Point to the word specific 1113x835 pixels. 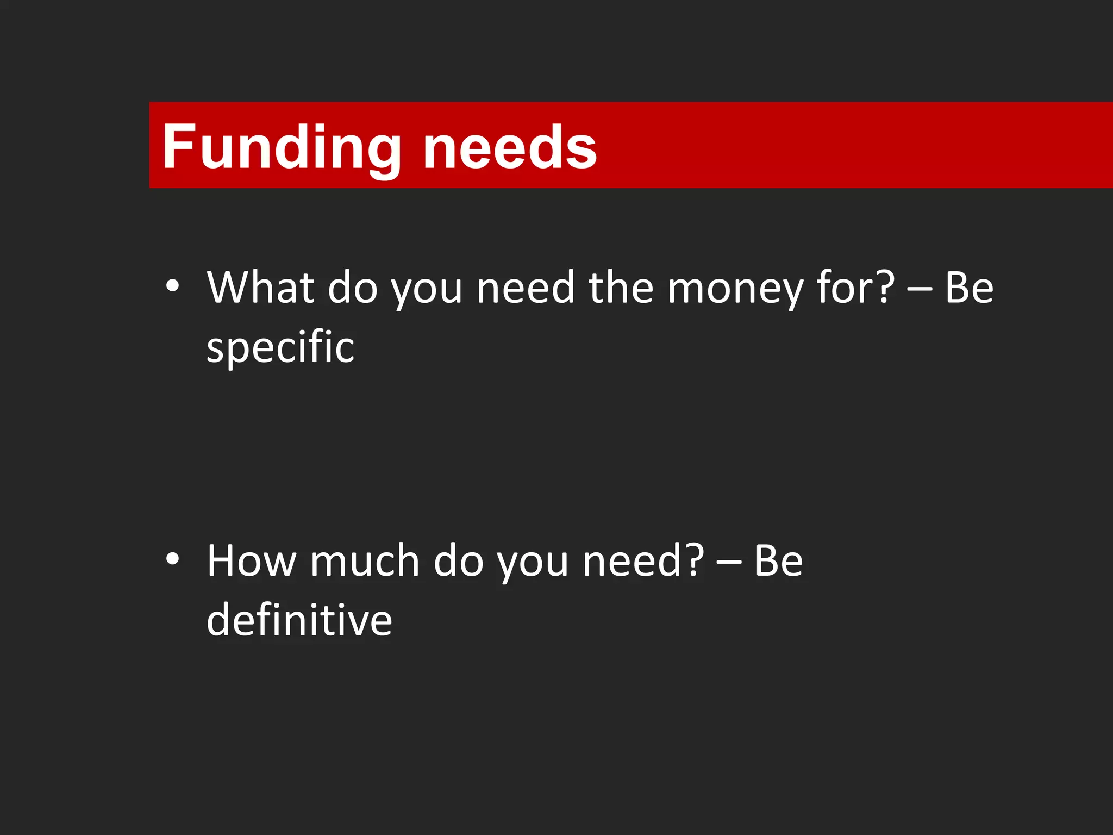[280, 347]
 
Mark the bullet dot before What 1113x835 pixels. [172, 285]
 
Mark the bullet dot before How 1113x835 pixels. [172, 559]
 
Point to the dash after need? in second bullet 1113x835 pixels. [729, 563]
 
